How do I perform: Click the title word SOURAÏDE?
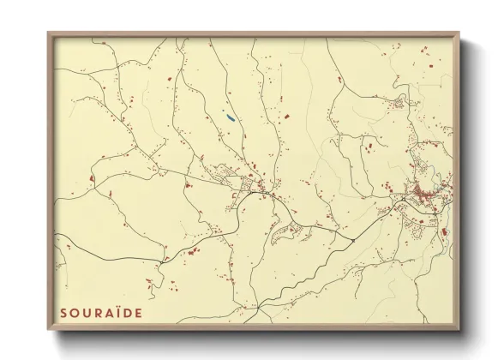click(101, 313)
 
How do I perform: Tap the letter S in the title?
click(64, 313)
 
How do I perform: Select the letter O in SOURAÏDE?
click(75, 313)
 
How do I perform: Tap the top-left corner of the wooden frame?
click(49, 33)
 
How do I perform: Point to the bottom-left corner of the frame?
click(49, 329)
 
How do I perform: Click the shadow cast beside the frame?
click(467, 189)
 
